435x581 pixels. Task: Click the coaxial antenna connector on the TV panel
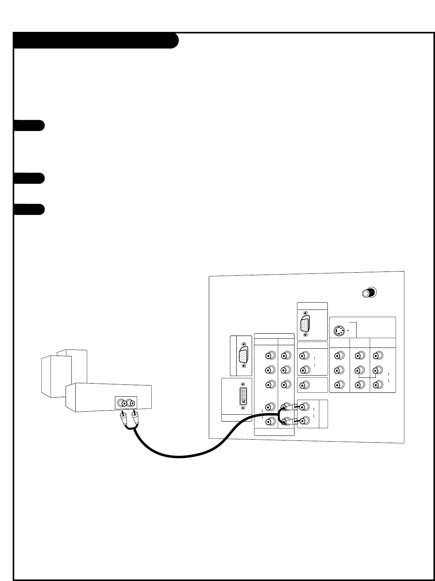(x=369, y=293)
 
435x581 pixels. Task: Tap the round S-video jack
(x=339, y=330)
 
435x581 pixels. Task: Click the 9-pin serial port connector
(x=243, y=355)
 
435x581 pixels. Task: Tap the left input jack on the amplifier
(x=123, y=403)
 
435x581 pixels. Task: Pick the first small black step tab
(x=29, y=126)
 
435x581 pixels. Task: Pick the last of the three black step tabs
(x=29, y=209)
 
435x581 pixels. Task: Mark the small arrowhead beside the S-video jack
(x=347, y=330)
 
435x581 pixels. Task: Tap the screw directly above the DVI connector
(x=242, y=384)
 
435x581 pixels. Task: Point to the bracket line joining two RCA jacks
(x=367, y=379)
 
